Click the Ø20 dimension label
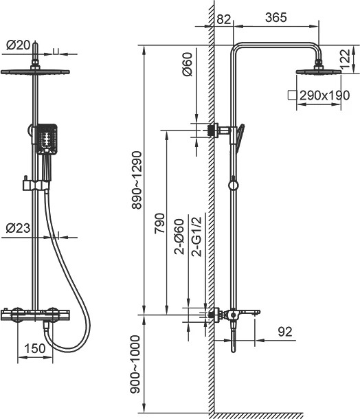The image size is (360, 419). coord(18,45)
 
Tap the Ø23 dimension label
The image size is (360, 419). coord(18,228)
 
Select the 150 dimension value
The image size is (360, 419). coord(35,348)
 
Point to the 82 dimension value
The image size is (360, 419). coord(223,19)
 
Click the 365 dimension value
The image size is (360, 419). coord(276,17)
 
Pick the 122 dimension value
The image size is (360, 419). coord(345,60)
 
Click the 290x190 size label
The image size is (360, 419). coord(324,95)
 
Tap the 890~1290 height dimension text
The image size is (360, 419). coord(137,180)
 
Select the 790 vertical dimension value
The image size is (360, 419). coord(160,223)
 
